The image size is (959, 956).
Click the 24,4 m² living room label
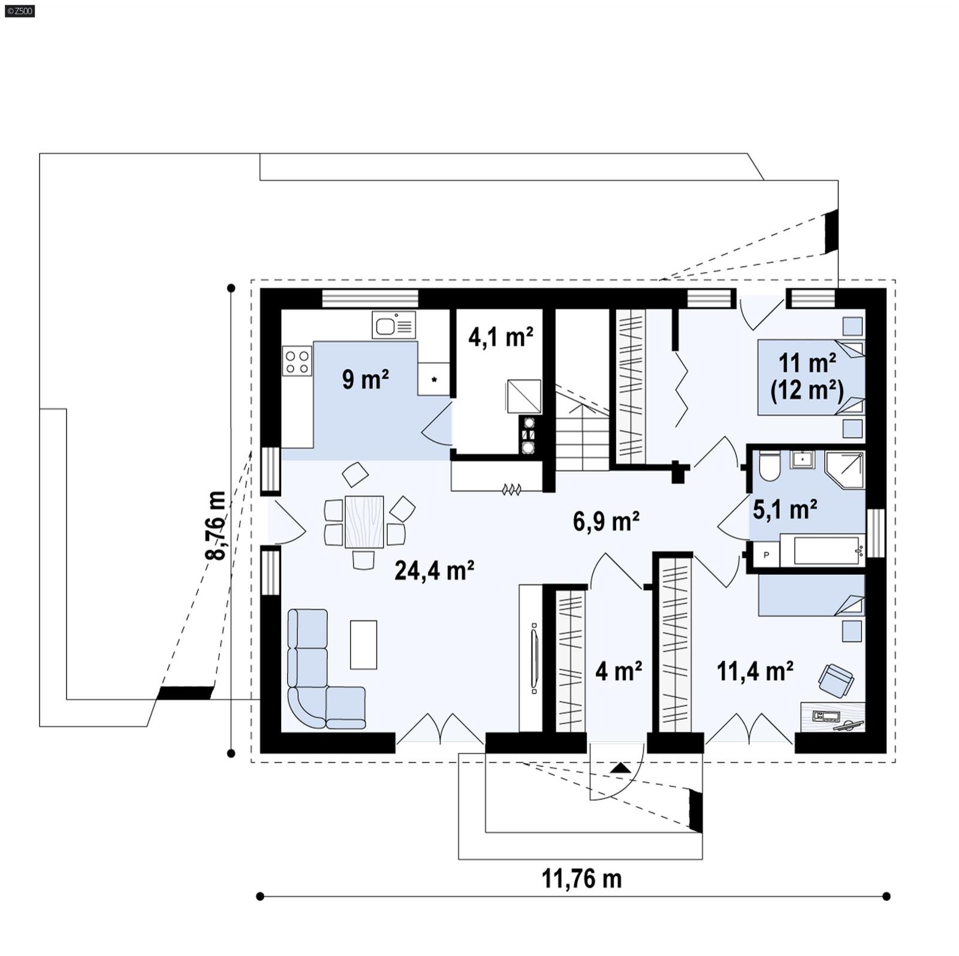point(434,571)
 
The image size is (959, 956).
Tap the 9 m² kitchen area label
point(365,379)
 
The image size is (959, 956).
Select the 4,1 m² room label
point(500,337)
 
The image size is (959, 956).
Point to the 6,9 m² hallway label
point(605,521)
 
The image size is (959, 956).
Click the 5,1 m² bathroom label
point(785,509)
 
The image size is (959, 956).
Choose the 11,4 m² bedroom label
point(755,671)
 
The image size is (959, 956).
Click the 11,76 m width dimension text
point(581,879)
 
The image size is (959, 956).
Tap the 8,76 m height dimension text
point(216,526)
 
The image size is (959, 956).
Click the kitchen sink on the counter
point(394,325)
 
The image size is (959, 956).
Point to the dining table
point(364,521)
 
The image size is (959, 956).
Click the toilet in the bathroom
point(768,466)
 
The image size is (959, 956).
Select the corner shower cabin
point(845,470)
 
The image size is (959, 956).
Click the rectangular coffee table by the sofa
point(363,644)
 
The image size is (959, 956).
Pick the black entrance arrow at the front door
point(620,768)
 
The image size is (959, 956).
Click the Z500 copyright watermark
point(19,11)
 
